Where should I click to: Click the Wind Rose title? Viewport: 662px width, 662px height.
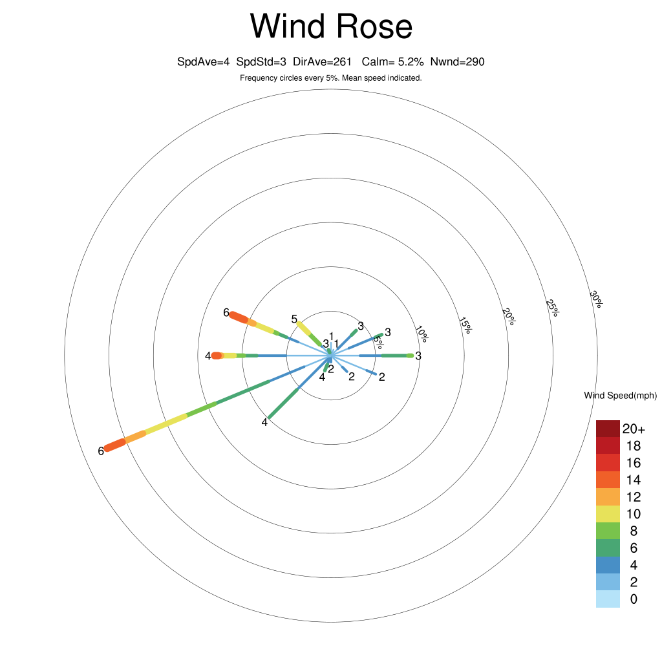click(x=331, y=26)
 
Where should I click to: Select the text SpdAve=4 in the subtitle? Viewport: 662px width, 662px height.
click(x=203, y=62)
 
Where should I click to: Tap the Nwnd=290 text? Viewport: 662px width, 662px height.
click(x=457, y=62)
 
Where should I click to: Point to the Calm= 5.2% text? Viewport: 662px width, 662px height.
click(x=392, y=62)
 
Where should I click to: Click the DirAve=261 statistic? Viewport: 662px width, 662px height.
click(x=322, y=62)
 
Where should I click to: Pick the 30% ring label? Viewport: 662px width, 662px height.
click(x=596, y=299)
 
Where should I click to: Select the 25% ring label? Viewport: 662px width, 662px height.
click(x=552, y=308)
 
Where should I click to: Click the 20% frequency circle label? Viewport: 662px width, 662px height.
click(x=509, y=317)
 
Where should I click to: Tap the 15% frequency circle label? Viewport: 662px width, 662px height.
click(x=465, y=326)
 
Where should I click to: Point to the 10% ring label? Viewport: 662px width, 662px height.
click(x=422, y=334)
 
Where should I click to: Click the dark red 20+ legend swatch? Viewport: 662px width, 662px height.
click(x=608, y=429)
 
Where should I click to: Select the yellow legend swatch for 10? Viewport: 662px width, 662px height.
click(x=608, y=514)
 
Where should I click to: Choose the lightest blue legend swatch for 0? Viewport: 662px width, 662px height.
click(x=608, y=599)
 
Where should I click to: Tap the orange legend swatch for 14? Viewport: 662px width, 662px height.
click(x=608, y=480)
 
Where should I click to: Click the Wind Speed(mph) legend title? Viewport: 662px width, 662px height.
click(x=620, y=396)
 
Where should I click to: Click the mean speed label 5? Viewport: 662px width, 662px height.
click(x=294, y=319)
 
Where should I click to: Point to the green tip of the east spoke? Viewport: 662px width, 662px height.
click(x=411, y=356)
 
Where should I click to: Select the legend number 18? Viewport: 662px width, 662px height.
click(x=634, y=446)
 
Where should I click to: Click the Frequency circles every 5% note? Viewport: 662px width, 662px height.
click(x=331, y=78)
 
